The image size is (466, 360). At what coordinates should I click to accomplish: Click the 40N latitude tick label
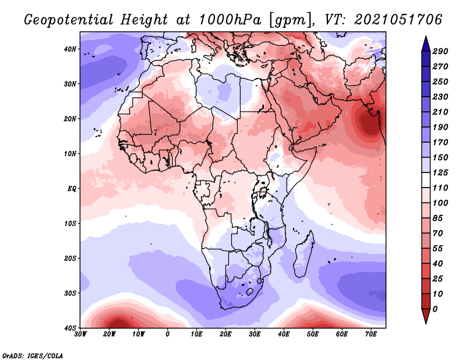pyautogui.click(x=69, y=49)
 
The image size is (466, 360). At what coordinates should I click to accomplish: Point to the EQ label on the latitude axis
pyautogui.click(x=72, y=189)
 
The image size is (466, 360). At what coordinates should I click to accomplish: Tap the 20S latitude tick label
pyautogui.click(x=69, y=258)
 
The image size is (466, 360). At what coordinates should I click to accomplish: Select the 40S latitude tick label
pyautogui.click(x=69, y=328)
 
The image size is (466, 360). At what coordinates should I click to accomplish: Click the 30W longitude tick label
pyautogui.click(x=80, y=334)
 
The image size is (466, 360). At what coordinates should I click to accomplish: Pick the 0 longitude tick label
pyautogui.click(x=168, y=334)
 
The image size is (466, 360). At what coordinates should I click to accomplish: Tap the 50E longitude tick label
pyautogui.click(x=313, y=334)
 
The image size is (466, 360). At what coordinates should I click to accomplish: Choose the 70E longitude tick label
pyautogui.click(x=371, y=334)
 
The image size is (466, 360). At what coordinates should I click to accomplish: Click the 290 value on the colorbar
pyautogui.click(x=440, y=51)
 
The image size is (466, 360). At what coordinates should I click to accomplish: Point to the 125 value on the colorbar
pyautogui.click(x=440, y=172)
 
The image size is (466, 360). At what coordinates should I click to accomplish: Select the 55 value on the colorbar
pyautogui.click(x=438, y=249)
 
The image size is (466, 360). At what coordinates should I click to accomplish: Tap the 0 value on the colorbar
pyautogui.click(x=435, y=309)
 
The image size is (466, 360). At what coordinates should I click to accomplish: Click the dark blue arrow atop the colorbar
pyautogui.click(x=426, y=44)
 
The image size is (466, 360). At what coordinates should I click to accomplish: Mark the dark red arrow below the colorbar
pyautogui.click(x=426, y=316)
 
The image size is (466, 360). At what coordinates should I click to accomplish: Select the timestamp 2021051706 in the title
pyautogui.click(x=398, y=20)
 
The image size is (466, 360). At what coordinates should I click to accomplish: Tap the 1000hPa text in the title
pyautogui.click(x=230, y=20)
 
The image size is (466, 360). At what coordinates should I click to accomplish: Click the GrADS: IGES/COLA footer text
pyautogui.click(x=33, y=355)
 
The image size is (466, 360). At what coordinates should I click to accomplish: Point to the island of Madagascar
pyautogui.click(x=303, y=254)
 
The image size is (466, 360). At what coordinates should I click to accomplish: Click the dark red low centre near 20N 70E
pyautogui.click(x=369, y=123)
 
